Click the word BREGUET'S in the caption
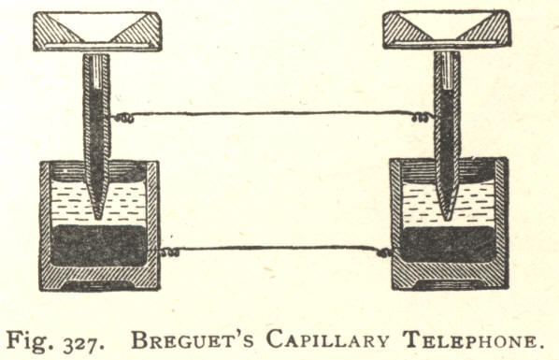[193, 339]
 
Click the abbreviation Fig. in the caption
[31, 341]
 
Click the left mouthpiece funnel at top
[97, 32]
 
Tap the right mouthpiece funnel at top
[446, 29]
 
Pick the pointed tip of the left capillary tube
[97, 218]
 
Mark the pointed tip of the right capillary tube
[446, 219]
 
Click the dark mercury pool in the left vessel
[99, 245]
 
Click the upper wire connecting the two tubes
[273, 113]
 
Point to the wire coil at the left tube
[123, 118]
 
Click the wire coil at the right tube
[421, 118]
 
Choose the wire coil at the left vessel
[169, 252]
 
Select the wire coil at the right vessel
[385, 253]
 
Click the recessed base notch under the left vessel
[99, 284]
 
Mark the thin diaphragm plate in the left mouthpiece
[97, 47]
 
